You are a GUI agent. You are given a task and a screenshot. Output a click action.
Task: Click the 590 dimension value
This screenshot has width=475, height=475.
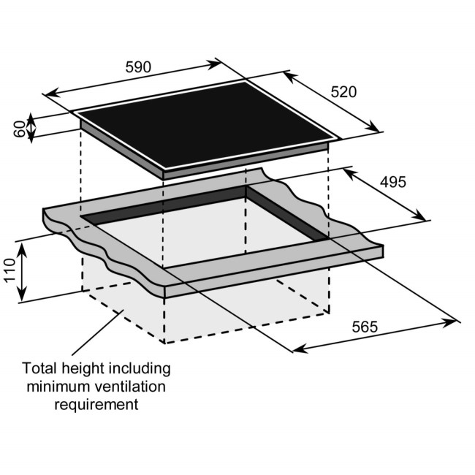point(137,67)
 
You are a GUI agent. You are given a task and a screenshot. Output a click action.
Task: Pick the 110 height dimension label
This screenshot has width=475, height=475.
point(10,272)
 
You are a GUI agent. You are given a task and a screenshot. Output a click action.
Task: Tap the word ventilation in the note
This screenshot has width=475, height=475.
point(130,386)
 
